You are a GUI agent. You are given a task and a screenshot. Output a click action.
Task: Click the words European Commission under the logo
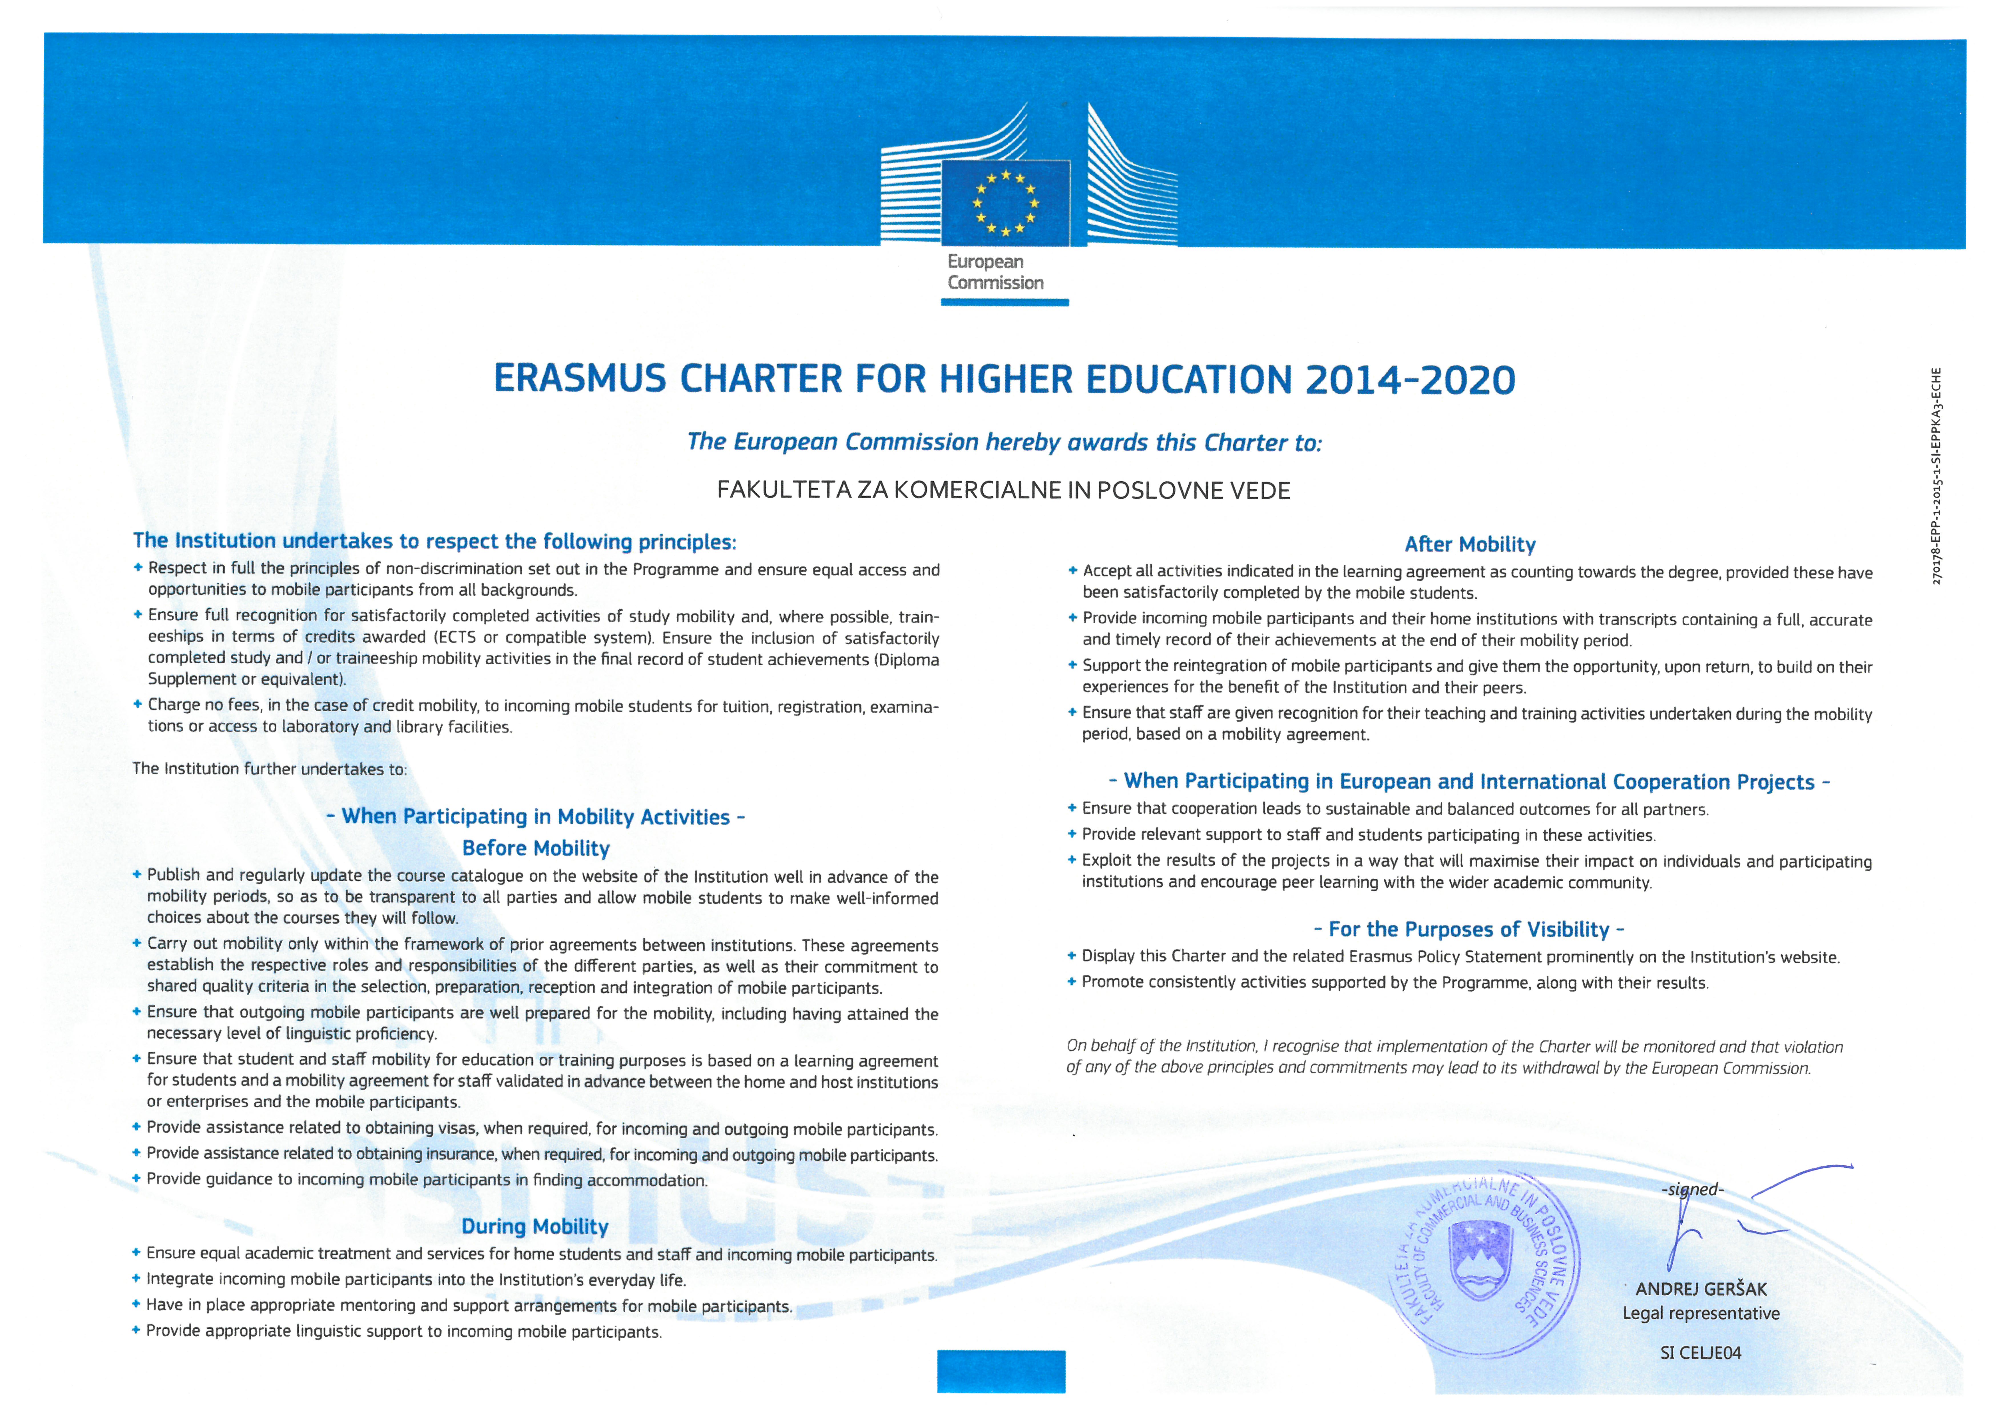click(995, 272)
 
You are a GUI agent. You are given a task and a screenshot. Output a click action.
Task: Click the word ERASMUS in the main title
click(580, 379)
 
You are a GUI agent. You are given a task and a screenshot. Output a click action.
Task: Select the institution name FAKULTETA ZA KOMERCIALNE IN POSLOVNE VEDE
click(1003, 490)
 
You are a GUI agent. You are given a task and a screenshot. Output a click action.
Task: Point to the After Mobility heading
click(1470, 544)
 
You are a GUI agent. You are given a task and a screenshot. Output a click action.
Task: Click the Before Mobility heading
click(536, 848)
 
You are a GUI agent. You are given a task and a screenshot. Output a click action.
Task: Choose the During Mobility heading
click(535, 1227)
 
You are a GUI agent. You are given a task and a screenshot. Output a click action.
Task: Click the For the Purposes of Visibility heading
click(1469, 929)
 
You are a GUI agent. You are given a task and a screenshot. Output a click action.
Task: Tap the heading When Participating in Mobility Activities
click(536, 816)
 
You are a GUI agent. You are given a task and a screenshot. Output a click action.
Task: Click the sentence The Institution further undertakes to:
click(270, 769)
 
